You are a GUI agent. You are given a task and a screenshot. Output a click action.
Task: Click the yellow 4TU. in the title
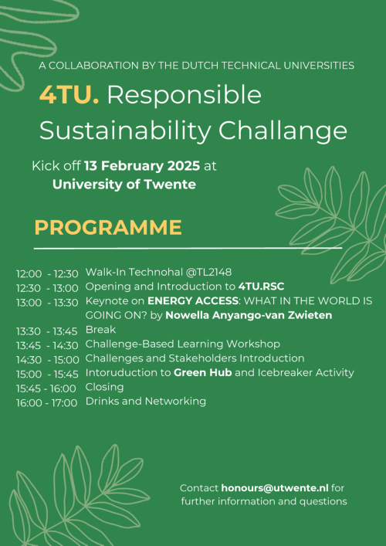tap(69, 95)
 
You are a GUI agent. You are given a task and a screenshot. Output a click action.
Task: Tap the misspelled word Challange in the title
tap(283, 132)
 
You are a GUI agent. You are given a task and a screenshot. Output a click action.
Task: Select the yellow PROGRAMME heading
tap(108, 228)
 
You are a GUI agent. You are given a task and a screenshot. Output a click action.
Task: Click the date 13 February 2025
tap(142, 166)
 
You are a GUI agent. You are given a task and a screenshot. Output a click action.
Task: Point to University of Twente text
tap(124, 185)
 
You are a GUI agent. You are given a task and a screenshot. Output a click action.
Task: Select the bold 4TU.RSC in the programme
tap(262, 287)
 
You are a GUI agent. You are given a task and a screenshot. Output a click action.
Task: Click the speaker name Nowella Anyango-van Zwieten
tap(249, 316)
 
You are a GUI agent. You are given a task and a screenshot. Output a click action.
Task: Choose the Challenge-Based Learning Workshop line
tap(183, 344)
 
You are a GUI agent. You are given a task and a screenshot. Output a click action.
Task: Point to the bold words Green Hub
tap(203, 373)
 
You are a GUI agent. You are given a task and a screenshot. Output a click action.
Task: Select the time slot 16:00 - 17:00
tap(46, 403)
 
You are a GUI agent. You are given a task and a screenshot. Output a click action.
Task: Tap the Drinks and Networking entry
tap(146, 402)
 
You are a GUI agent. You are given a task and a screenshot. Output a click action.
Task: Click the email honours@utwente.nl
tap(275, 488)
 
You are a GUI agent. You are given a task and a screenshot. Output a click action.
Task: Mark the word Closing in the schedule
tap(105, 387)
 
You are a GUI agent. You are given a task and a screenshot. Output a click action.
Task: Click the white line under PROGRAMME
tap(188, 249)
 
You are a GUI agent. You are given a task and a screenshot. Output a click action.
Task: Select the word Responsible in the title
tap(185, 96)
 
